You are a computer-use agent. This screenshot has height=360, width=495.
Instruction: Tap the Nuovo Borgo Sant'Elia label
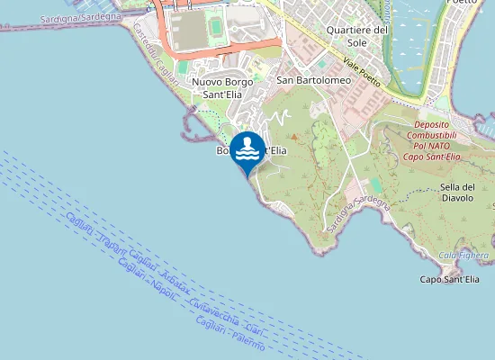pos(221,86)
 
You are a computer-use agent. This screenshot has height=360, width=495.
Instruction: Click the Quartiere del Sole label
pos(357,35)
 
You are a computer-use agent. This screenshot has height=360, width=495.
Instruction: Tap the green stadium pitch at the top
pos(216,30)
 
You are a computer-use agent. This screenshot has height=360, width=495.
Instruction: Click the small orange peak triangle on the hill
pos(292,136)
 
